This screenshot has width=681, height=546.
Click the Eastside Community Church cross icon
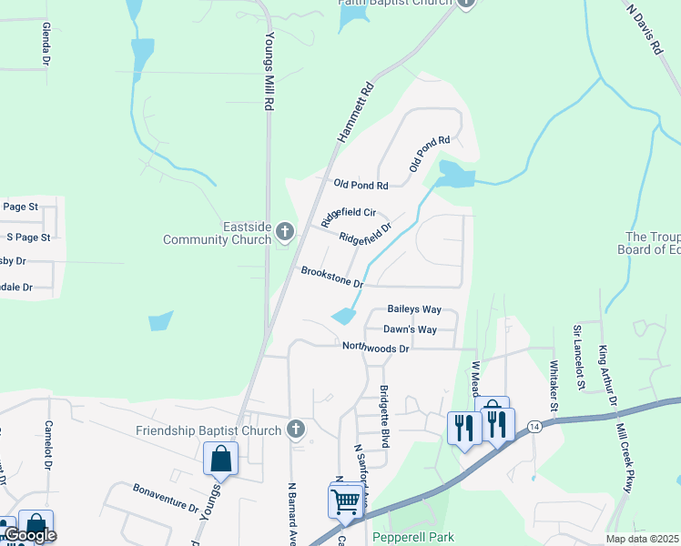285,232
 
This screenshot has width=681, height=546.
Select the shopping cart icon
345,500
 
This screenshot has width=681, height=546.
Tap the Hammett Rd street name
355,113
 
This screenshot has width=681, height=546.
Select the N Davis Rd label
644,29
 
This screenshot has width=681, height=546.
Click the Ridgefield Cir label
348,217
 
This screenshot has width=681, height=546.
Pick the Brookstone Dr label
332,278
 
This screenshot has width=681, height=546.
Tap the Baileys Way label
414,309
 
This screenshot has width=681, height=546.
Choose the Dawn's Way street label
410,329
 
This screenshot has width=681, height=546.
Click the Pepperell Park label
419,538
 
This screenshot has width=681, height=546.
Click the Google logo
30,535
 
